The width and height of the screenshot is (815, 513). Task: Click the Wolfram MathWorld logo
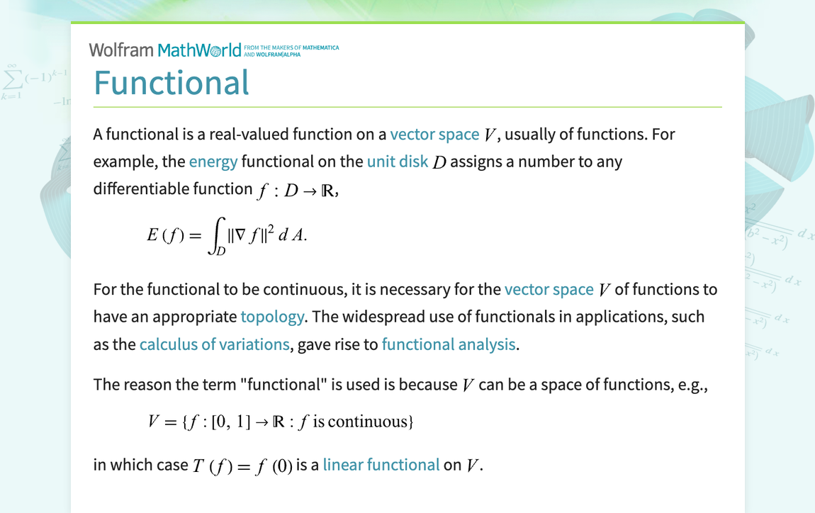pos(165,50)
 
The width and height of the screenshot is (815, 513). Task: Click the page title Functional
pos(172,83)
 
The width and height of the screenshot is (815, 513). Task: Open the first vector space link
pos(434,135)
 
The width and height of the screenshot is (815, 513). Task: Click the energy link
pos(213,162)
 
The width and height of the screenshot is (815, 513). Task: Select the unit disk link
pos(398,162)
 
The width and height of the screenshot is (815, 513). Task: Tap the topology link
pos(272,317)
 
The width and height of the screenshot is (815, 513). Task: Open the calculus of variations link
pos(215,344)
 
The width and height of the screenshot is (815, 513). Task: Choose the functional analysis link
pos(449,344)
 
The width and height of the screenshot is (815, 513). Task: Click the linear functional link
pos(381,465)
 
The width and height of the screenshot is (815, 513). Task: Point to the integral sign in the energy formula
pos(217,235)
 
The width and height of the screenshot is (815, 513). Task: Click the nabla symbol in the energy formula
pos(240,235)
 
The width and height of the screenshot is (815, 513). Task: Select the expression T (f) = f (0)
pos(243,466)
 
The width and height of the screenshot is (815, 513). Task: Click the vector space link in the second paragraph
pos(549,290)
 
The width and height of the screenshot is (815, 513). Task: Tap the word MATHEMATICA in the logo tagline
pos(321,47)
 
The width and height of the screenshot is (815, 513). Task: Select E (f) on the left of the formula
pos(165,235)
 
